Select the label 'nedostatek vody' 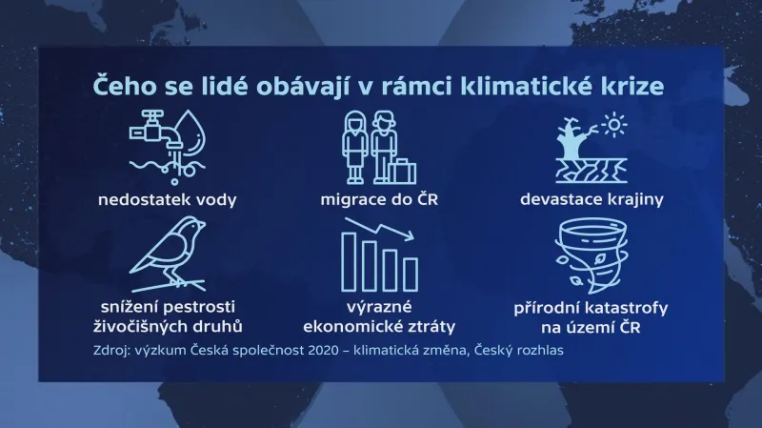(168, 200)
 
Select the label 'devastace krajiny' (592, 200)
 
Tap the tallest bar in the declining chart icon (351, 262)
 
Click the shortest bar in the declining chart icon (414, 277)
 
